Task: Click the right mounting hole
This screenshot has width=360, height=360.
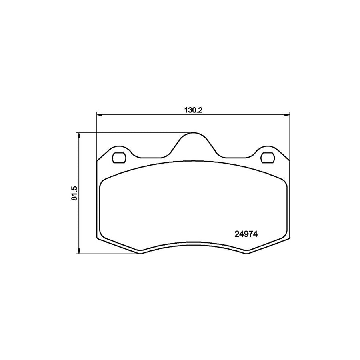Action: (x=267, y=158)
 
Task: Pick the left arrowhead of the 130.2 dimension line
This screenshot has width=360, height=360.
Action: (x=100, y=115)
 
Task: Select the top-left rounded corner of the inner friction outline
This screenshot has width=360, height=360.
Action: (x=103, y=182)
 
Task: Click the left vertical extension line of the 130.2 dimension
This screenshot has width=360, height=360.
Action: (x=97, y=136)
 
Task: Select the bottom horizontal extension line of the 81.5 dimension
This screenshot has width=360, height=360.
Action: (x=108, y=254)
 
